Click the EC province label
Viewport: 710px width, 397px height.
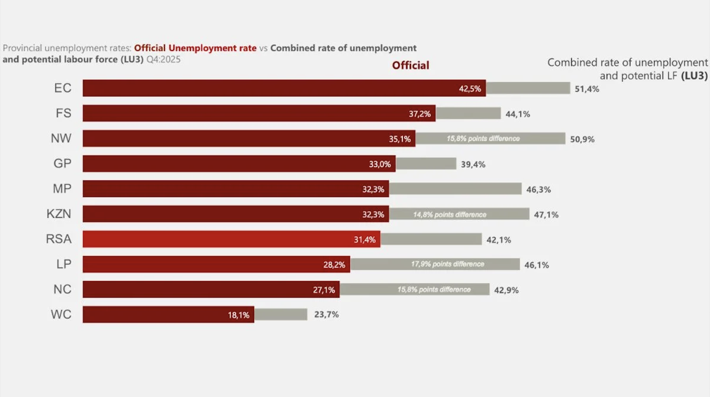click(x=63, y=88)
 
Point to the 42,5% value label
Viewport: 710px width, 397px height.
click(x=470, y=89)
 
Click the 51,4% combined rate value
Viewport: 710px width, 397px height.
click(x=587, y=89)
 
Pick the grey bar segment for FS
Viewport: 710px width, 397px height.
click(x=468, y=114)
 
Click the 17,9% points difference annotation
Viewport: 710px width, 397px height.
click(x=447, y=264)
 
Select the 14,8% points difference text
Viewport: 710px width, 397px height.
click(x=450, y=215)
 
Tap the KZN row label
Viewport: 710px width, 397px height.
click(x=59, y=214)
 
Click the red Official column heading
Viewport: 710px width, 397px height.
click(x=410, y=66)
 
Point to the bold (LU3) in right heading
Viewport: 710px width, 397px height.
click(x=694, y=76)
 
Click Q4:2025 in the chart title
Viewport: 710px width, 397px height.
click(x=163, y=60)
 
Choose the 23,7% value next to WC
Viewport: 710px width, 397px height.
click(x=326, y=315)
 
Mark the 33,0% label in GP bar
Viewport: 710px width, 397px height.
click(x=379, y=164)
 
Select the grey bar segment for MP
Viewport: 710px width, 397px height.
click(x=455, y=189)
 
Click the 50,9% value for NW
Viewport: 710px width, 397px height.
click(x=582, y=139)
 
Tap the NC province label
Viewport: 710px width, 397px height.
click(x=62, y=289)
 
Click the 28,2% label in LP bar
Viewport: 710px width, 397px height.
click(x=334, y=265)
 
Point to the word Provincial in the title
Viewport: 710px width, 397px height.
click(x=22, y=48)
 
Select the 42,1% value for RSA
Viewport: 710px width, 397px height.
click(x=499, y=240)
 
